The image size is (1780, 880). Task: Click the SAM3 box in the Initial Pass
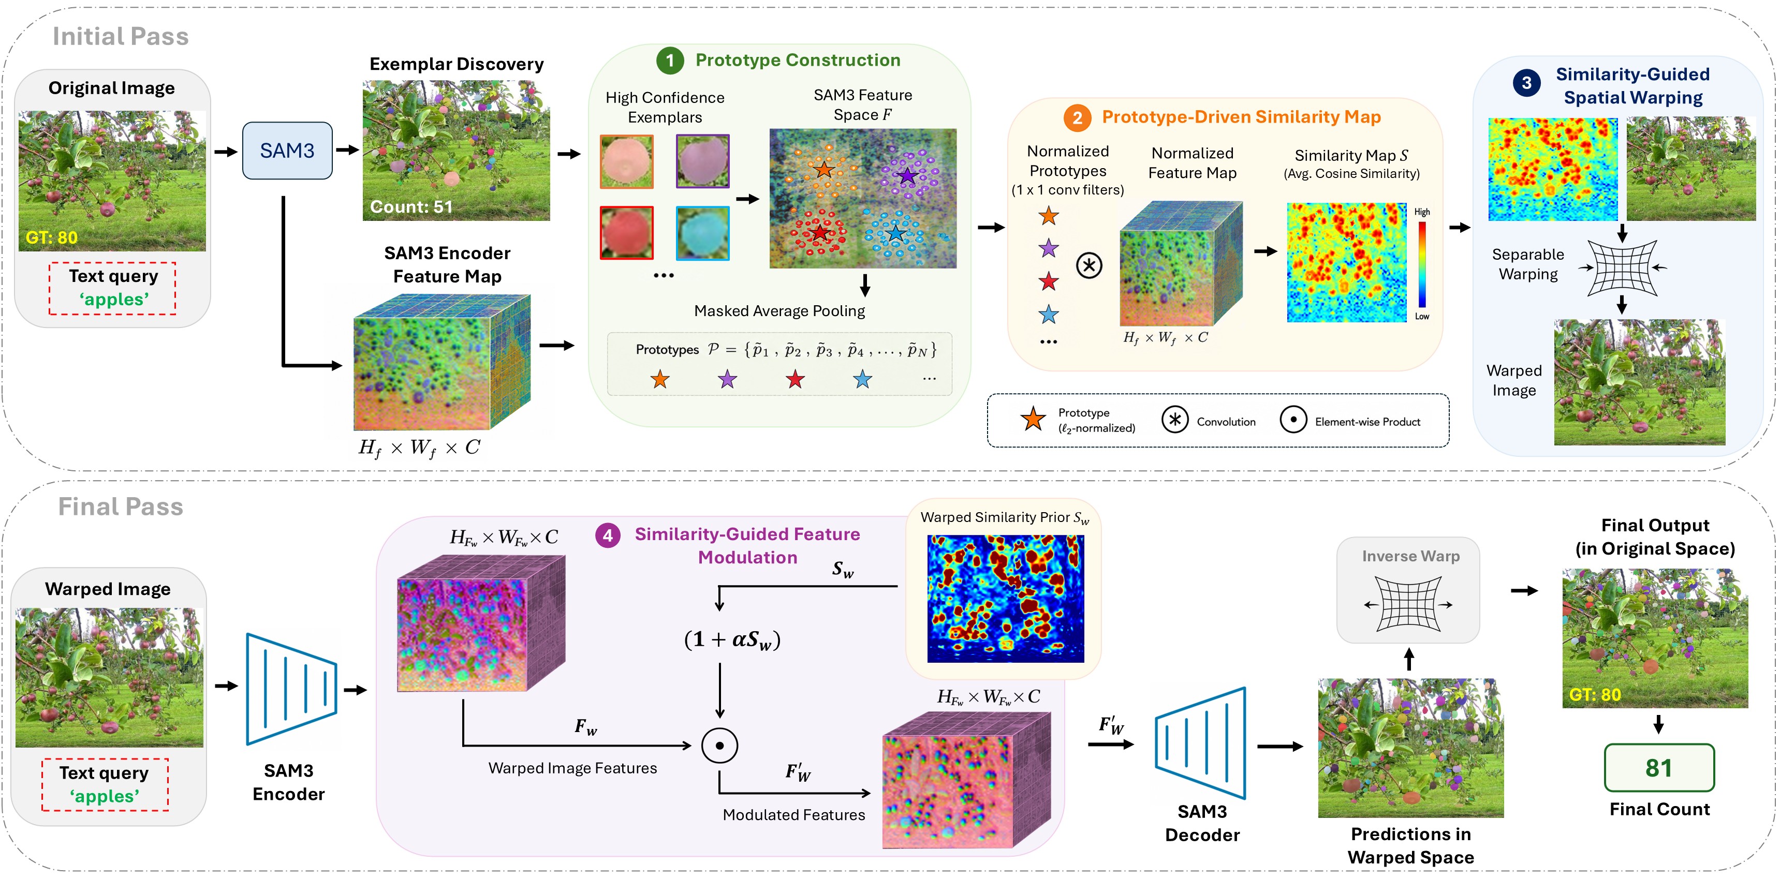coord(287,151)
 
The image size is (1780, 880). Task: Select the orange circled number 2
coord(1077,117)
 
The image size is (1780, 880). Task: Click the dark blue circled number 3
coord(1526,83)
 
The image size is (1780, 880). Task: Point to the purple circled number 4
coord(607,535)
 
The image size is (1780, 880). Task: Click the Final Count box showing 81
coord(1658,767)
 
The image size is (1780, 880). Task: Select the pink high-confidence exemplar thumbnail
coord(627,161)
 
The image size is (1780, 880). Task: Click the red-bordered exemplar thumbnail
coord(627,233)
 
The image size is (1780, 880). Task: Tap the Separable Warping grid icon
coord(1622,267)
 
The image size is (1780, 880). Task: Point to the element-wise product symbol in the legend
coord(1293,419)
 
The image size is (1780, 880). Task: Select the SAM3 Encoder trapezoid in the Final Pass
coord(291,689)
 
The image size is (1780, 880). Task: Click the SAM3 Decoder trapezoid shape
coord(1200,743)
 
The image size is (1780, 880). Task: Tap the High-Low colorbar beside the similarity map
coord(1422,264)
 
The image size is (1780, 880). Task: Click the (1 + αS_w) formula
coord(732,639)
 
